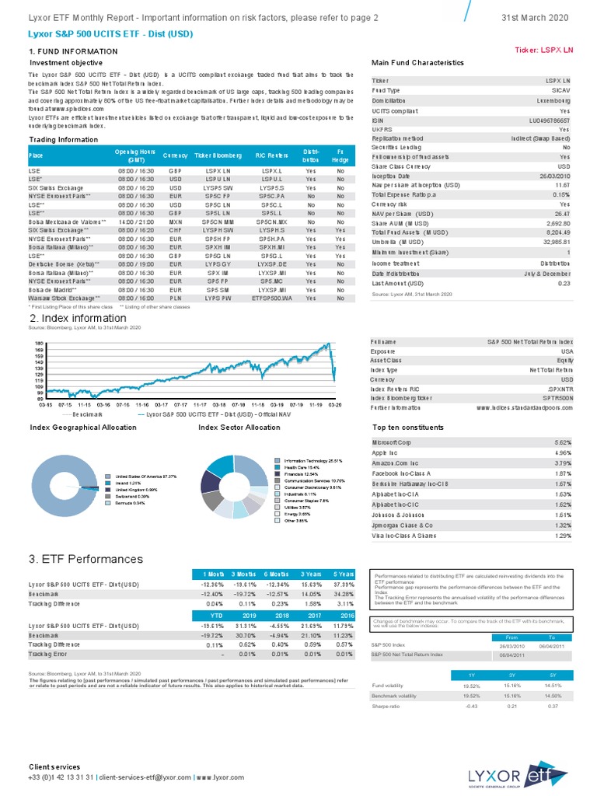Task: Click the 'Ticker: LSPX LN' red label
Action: (544, 50)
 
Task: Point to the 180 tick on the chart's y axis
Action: (37, 343)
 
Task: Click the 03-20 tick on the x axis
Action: (336, 405)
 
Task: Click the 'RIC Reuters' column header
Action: (272, 155)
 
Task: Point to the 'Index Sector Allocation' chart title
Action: (239, 428)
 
